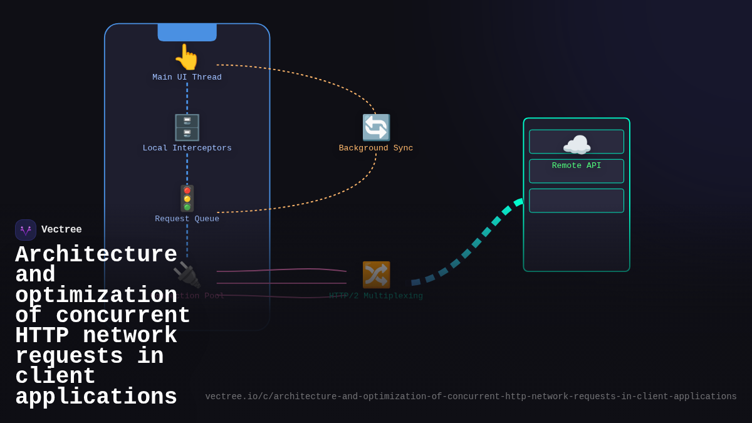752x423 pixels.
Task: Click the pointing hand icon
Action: (187, 57)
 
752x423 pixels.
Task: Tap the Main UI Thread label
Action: (187, 78)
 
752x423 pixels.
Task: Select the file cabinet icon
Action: (187, 127)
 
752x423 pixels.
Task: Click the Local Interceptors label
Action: (187, 149)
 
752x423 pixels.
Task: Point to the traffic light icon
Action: (187, 198)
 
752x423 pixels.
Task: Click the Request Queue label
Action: (187, 219)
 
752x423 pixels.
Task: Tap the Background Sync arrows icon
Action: (376, 127)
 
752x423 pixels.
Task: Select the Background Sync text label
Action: (376, 149)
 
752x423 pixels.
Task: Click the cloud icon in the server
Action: (577, 145)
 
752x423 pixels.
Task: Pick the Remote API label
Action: (577, 166)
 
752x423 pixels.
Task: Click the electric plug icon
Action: (187, 275)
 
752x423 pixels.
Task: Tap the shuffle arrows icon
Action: (376, 275)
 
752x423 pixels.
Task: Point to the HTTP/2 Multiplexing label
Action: (376, 296)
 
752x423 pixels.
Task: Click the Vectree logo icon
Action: (26, 230)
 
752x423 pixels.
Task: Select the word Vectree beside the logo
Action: (61, 230)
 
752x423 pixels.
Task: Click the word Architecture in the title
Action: (96, 255)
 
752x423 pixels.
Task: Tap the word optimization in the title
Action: (96, 296)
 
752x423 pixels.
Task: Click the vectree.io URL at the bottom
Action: (471, 397)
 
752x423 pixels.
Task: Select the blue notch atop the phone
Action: (187, 33)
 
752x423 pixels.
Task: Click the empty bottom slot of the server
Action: (577, 201)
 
